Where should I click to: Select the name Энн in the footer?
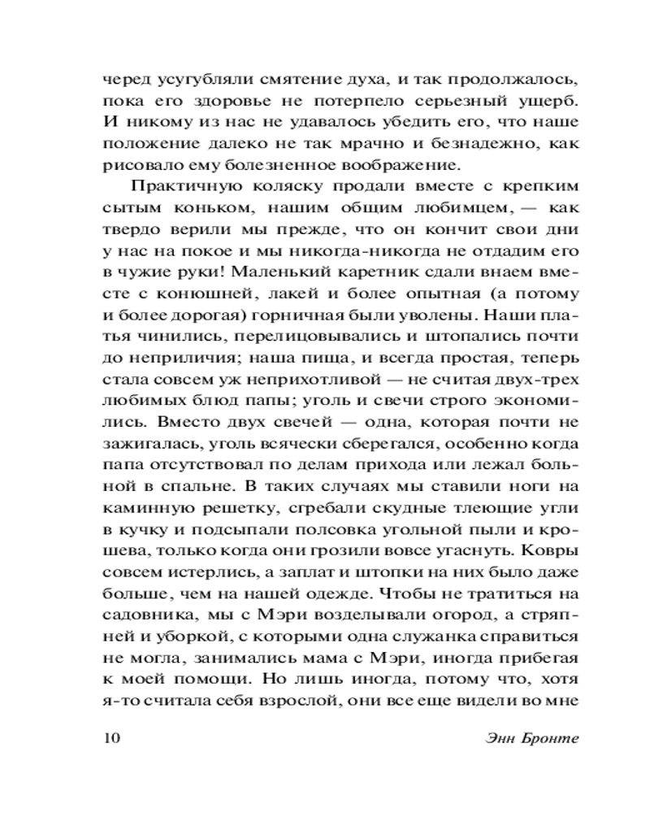point(474,739)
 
